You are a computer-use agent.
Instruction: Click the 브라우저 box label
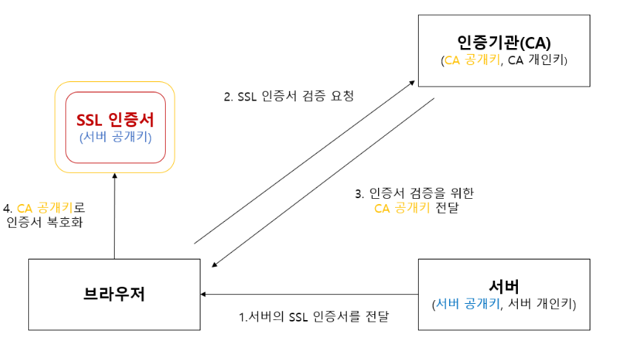pyautogui.click(x=114, y=294)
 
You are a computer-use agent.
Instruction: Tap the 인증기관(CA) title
pyautogui.click(x=504, y=41)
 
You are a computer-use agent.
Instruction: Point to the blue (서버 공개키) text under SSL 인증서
pyautogui.click(x=115, y=137)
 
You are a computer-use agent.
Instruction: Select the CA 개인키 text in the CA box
pyautogui.click(x=536, y=61)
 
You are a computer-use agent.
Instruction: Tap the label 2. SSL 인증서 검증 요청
pyautogui.click(x=289, y=96)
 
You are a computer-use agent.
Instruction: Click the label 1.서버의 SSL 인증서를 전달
pyautogui.click(x=314, y=317)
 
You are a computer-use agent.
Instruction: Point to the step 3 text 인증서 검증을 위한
pyautogui.click(x=414, y=194)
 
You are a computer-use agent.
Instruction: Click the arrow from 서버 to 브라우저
pyautogui.click(x=311, y=294)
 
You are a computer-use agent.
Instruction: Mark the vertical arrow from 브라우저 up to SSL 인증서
pyautogui.click(x=115, y=214)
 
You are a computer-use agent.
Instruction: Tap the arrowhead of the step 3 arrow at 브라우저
pyautogui.click(x=214, y=264)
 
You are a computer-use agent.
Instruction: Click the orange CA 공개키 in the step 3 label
pyautogui.click(x=402, y=208)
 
